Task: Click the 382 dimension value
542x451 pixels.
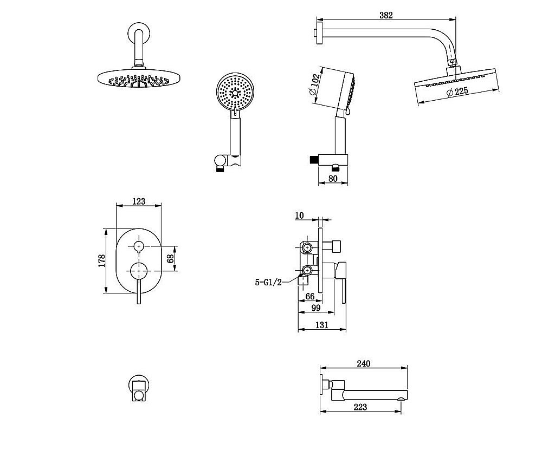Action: click(x=386, y=15)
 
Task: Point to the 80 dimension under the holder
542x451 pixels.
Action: click(x=333, y=179)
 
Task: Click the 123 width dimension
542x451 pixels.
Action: click(x=139, y=201)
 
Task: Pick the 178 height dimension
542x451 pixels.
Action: click(x=102, y=261)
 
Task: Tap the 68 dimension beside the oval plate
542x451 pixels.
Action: click(x=170, y=258)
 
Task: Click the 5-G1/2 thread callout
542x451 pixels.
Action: click(x=268, y=282)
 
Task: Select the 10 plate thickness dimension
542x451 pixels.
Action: click(x=299, y=215)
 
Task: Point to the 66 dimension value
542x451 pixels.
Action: click(x=310, y=296)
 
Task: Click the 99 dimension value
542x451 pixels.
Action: click(x=316, y=308)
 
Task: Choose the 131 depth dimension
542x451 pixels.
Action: click(x=322, y=325)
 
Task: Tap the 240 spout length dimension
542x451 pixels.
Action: click(x=363, y=363)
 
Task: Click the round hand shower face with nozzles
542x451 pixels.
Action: click(x=235, y=91)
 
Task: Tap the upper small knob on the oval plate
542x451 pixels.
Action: click(x=139, y=246)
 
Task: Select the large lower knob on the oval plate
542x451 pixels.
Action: click(x=139, y=271)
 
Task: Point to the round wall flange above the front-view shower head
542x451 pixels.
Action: click(x=139, y=32)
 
